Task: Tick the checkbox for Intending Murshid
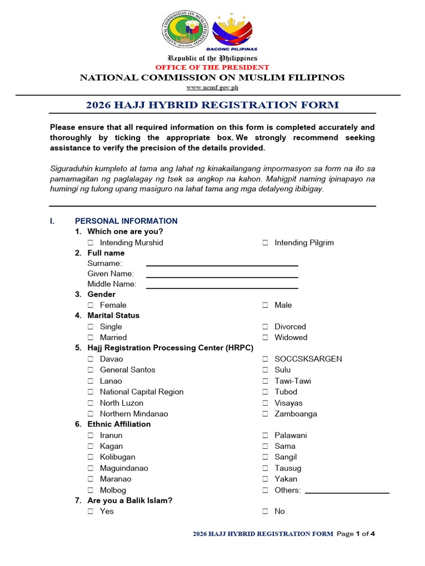(x=91, y=243)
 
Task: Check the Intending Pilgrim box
(x=265, y=243)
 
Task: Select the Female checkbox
(x=91, y=305)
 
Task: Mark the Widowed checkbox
(x=265, y=338)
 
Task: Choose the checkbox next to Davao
(x=91, y=359)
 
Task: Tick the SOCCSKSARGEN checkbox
(x=265, y=359)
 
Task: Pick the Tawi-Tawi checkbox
(x=265, y=381)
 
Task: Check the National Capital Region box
(x=91, y=392)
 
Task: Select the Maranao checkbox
(x=91, y=479)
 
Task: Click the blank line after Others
(x=347, y=491)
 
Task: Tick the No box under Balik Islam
(x=265, y=512)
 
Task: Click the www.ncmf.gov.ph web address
(x=212, y=87)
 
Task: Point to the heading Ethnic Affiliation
(x=119, y=424)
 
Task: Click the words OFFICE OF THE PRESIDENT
(x=212, y=67)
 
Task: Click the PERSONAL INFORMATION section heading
(x=126, y=221)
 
